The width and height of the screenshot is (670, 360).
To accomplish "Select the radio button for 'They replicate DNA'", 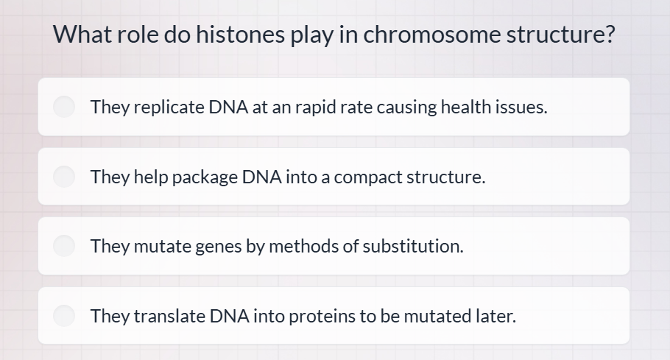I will tap(65, 107).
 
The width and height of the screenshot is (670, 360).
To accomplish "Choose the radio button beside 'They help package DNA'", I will tap(65, 177).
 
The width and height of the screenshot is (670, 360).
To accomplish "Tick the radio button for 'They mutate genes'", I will tap(65, 246).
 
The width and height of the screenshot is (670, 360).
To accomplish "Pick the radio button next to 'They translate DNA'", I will tap(65, 316).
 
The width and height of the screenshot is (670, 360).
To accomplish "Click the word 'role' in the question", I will tap(137, 35).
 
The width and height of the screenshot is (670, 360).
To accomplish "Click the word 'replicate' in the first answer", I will tap(168, 107).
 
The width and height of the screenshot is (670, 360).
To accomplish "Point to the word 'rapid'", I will tap(315, 107).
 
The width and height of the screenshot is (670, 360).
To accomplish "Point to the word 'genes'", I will tap(218, 246).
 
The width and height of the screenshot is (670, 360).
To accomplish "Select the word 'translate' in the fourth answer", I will tap(169, 316).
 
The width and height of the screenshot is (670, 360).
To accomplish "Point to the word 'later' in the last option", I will tap(497, 316).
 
